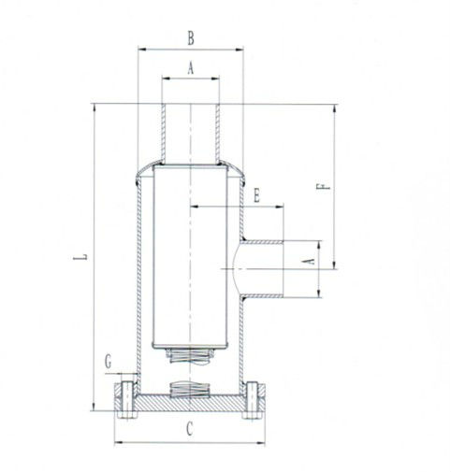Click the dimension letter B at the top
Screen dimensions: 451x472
[191, 38]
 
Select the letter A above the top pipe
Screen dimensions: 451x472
[191, 68]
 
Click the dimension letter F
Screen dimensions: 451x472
[323, 186]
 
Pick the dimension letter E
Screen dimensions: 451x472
[256, 196]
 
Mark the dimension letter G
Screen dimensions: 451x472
[108, 363]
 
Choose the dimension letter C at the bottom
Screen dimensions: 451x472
[189, 429]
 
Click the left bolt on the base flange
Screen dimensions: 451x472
[127, 400]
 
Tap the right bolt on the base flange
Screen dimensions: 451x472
[252, 400]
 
